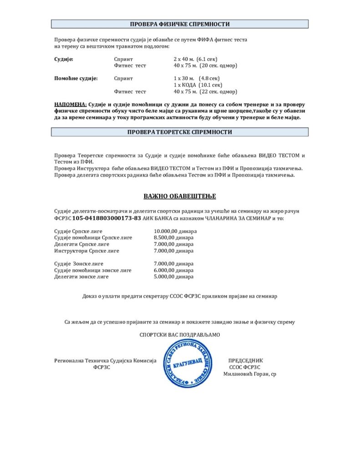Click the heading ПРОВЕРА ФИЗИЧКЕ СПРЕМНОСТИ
pyautogui.click(x=180, y=24)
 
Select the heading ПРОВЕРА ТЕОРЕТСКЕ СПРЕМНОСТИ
pyautogui.click(x=180, y=132)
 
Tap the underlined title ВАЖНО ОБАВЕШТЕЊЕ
pyautogui.click(x=180, y=196)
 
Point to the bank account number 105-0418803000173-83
pyautogui.click(x=106, y=218)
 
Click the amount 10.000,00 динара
pyautogui.click(x=175, y=231)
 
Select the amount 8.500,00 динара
pyautogui.click(x=173, y=238)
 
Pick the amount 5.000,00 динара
pyautogui.click(x=173, y=276)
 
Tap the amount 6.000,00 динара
pyautogui.click(x=173, y=270)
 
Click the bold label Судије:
pyautogui.click(x=64, y=59)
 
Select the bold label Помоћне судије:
pyautogui.click(x=76, y=78)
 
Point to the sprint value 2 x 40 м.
pyautogui.click(x=184, y=59)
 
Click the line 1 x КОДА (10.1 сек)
pyautogui.click(x=198, y=85)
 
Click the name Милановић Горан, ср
pyautogui.click(x=249, y=374)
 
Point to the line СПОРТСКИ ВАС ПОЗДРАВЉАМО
pyautogui.click(x=180, y=335)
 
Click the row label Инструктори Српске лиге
pyautogui.click(x=86, y=251)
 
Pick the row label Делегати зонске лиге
pyautogui.click(x=81, y=276)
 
